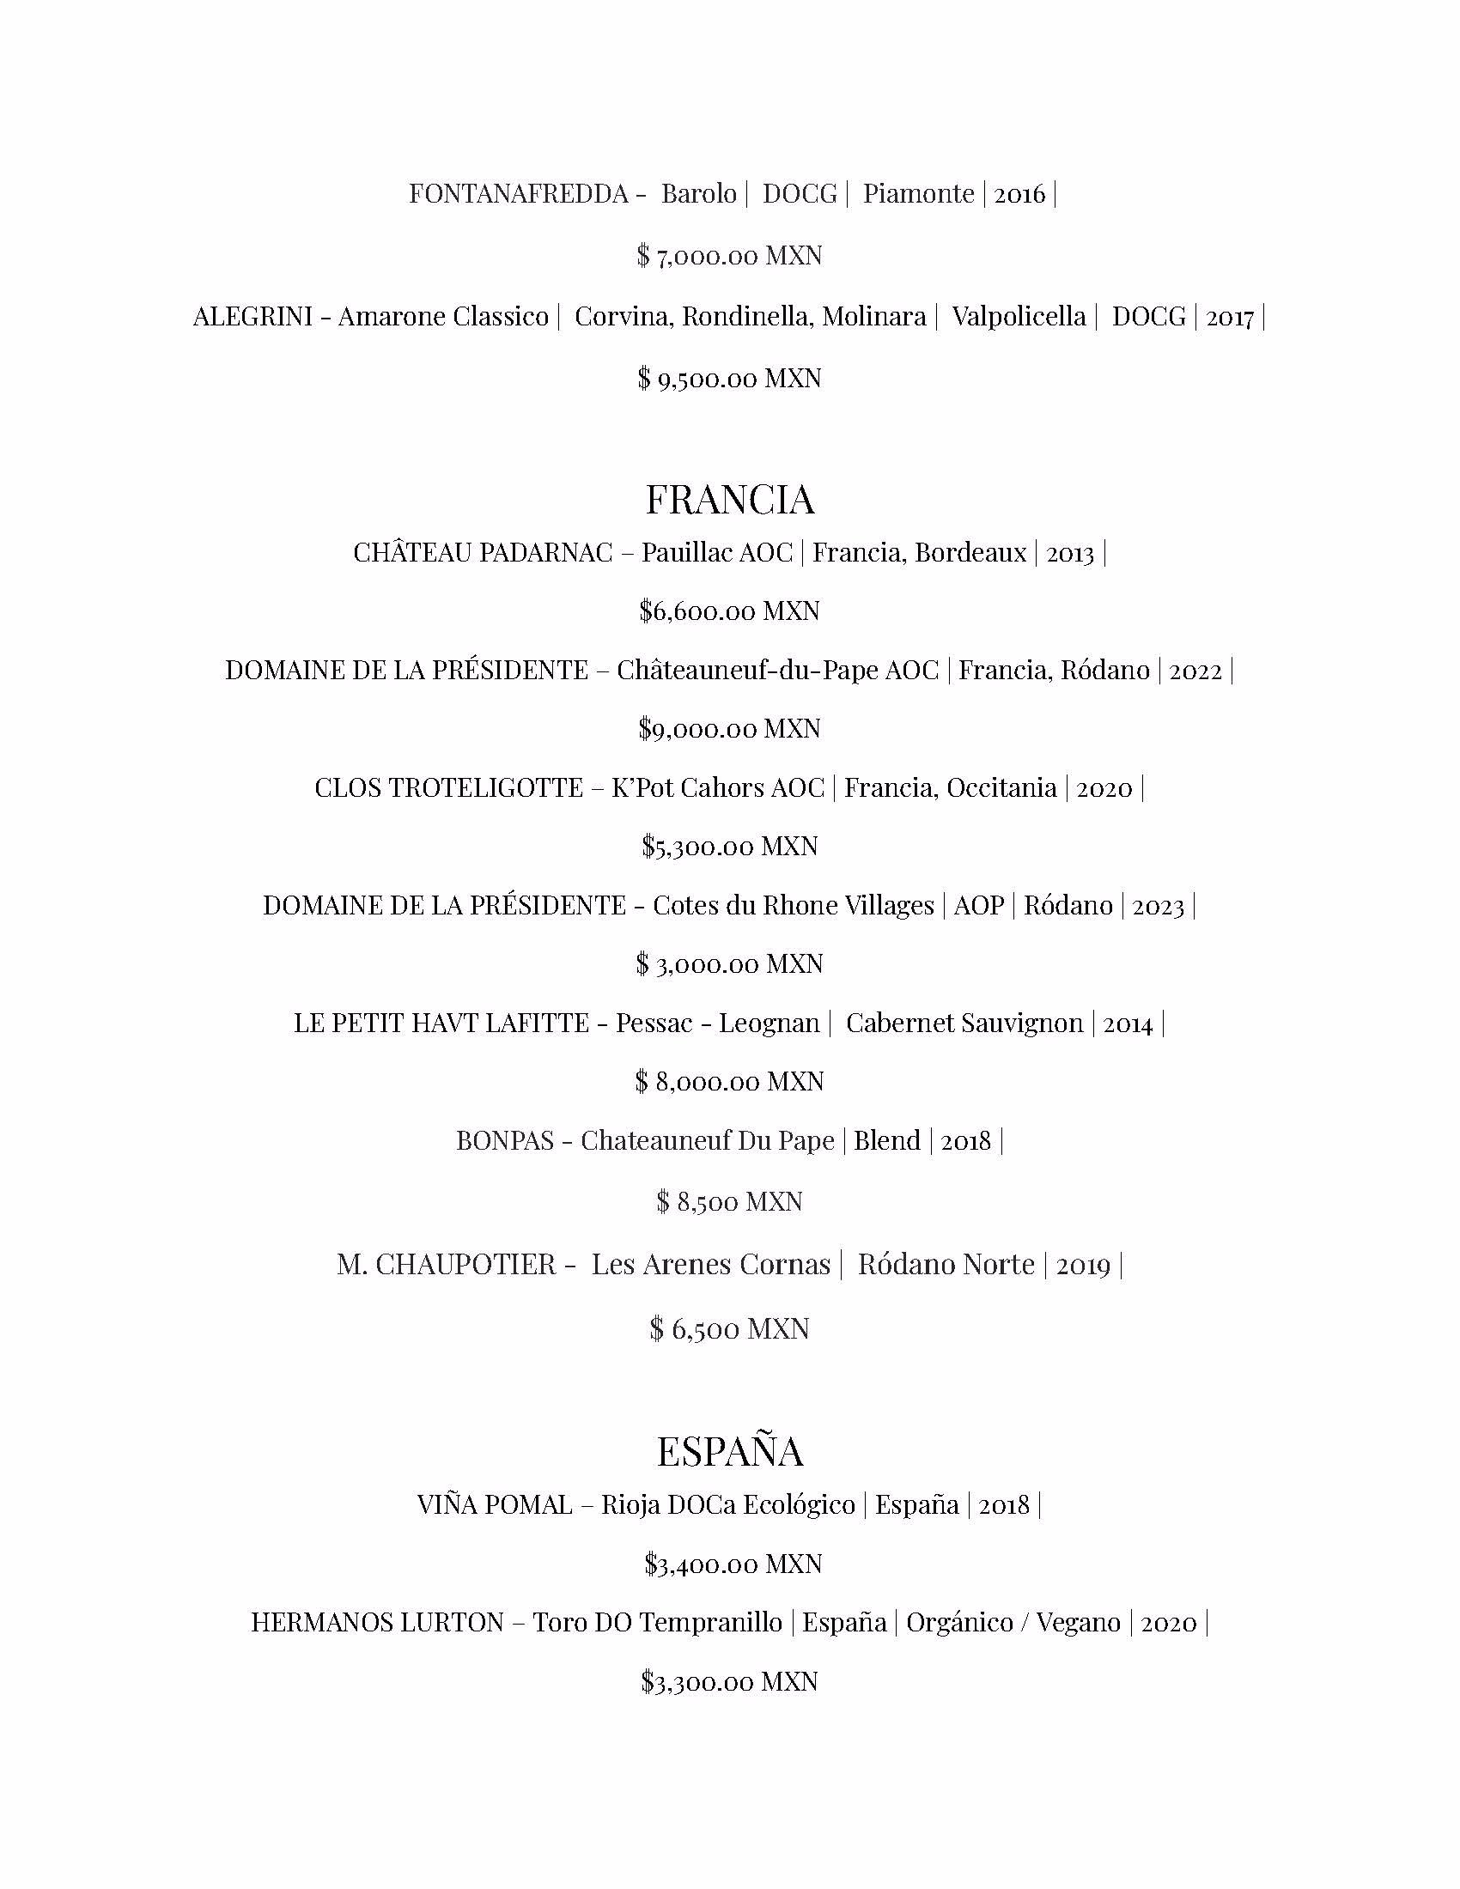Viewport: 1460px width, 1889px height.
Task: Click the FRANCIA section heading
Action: pos(730,500)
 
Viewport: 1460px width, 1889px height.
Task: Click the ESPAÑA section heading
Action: pos(730,1451)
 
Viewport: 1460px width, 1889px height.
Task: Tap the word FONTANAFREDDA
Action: pos(519,194)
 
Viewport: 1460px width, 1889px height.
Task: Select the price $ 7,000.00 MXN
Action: pos(730,256)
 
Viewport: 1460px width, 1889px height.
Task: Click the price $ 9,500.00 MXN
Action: pos(730,379)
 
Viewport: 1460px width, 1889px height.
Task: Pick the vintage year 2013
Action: pos(1070,554)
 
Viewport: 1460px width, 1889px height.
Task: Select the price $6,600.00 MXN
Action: pos(730,611)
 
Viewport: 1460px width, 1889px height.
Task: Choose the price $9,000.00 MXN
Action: pos(730,729)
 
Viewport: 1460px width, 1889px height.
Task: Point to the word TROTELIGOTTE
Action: pos(496,788)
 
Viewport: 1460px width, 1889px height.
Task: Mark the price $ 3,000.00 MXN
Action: pos(730,964)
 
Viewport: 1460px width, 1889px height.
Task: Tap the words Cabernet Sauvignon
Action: pos(964,1024)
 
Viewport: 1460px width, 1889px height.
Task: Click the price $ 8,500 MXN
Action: pos(730,1202)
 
